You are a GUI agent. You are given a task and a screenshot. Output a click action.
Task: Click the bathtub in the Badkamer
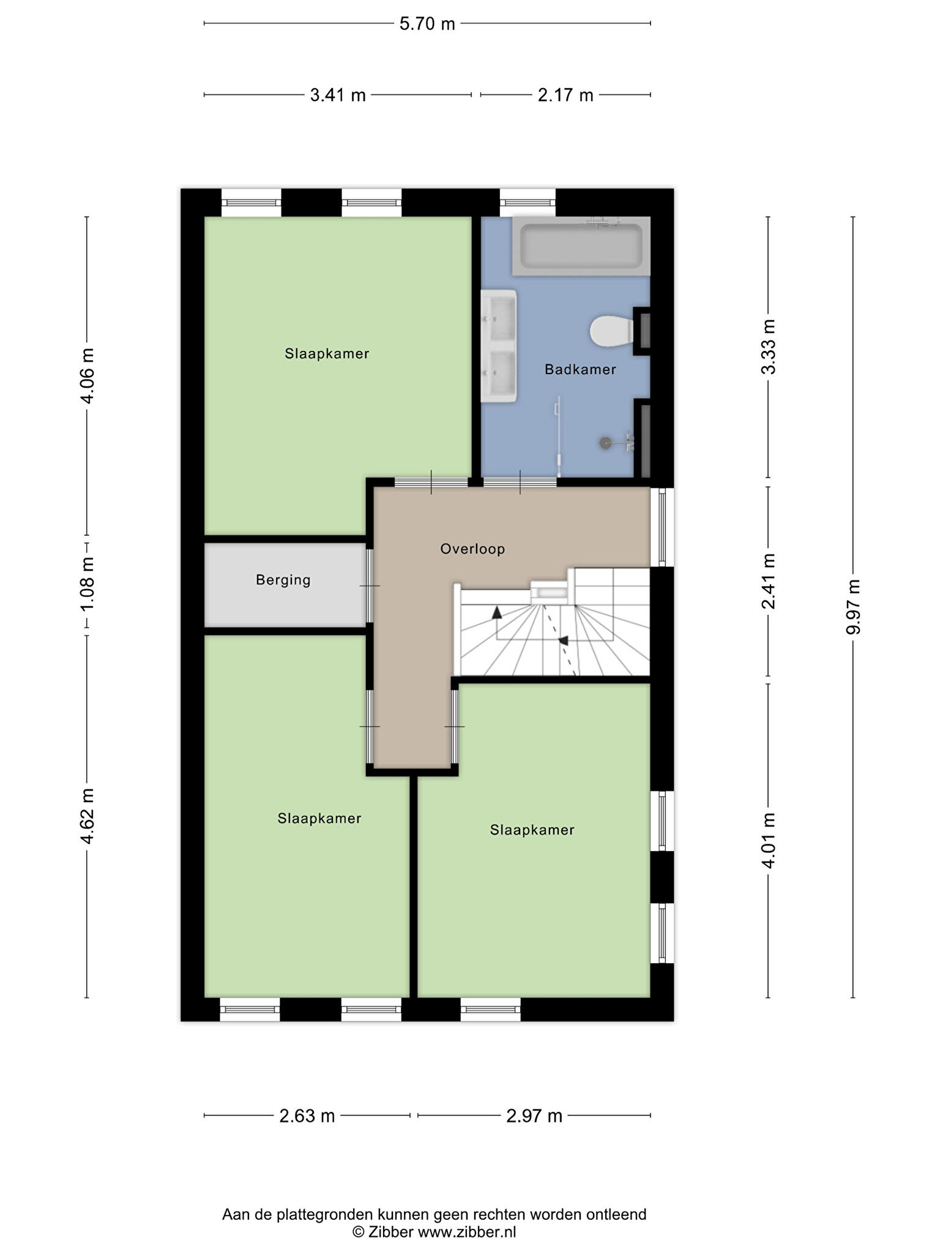coord(581,246)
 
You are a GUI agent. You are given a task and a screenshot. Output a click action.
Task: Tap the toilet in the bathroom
coord(612,331)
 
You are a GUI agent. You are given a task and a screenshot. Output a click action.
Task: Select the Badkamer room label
coord(580,369)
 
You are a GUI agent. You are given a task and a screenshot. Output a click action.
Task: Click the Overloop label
coord(472,549)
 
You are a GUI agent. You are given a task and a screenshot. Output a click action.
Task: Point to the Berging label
coord(283,580)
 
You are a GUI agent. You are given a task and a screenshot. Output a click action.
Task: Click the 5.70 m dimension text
coord(427,24)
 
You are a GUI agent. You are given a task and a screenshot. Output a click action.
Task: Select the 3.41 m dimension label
coord(338,95)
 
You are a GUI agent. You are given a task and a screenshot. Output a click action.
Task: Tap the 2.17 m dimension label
coord(565,95)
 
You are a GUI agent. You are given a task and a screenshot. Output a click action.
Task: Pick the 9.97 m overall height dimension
coord(853,607)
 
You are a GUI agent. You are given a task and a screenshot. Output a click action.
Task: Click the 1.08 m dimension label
coord(88,583)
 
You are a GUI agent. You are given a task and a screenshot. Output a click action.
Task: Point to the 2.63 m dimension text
coord(307,1116)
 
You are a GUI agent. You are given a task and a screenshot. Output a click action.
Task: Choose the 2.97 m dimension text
coord(534,1116)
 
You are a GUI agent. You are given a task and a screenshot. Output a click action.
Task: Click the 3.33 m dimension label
coord(768,347)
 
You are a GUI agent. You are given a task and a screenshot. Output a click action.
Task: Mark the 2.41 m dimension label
coord(768,581)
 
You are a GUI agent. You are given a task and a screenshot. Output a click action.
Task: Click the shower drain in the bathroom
coord(605,442)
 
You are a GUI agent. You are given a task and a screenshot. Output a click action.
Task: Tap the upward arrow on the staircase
coord(496,611)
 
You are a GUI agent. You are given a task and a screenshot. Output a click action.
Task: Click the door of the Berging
coord(370,586)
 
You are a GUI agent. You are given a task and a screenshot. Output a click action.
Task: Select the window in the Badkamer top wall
coord(528,203)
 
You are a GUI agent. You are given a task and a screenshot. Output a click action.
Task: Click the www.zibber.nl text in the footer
coord(467,1232)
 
